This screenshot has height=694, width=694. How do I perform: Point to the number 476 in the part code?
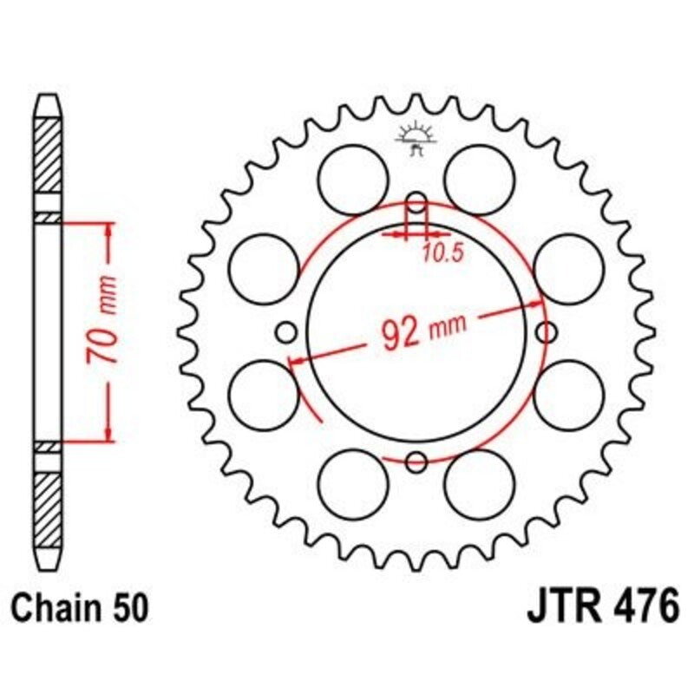(639, 606)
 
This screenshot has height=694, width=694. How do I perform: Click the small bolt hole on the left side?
(285, 331)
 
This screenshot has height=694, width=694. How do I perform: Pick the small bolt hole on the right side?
(547, 331)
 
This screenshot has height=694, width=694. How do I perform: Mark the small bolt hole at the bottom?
(416, 461)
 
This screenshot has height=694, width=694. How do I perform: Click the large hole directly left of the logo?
(352, 176)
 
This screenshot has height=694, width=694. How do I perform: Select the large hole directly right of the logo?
(480, 176)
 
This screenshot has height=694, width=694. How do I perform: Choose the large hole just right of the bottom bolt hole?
(480, 484)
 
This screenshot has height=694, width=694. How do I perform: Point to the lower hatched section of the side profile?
(49, 503)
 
